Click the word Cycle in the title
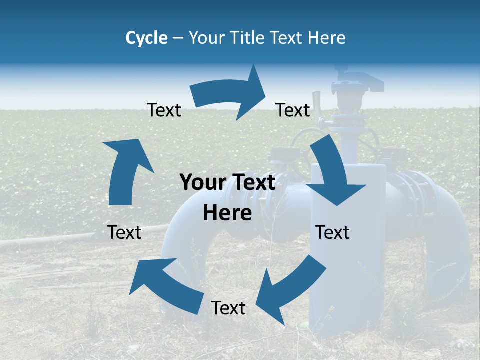(146, 38)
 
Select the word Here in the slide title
(326, 38)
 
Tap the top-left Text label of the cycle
(164, 110)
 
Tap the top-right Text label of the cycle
(293, 110)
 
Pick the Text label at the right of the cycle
(332, 232)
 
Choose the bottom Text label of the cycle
(228, 308)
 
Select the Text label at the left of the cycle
(124, 232)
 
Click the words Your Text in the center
(227, 183)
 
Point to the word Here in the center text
(227, 213)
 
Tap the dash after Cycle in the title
(178, 38)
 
